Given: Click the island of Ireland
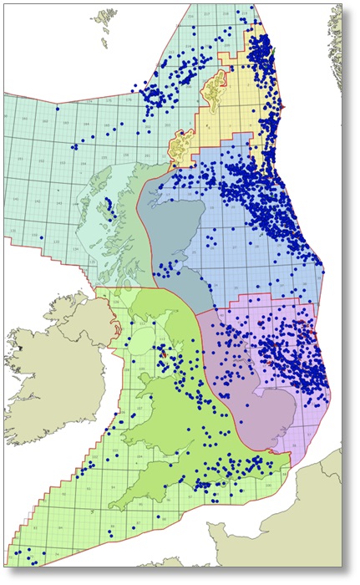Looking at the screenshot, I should pos(50,368).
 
